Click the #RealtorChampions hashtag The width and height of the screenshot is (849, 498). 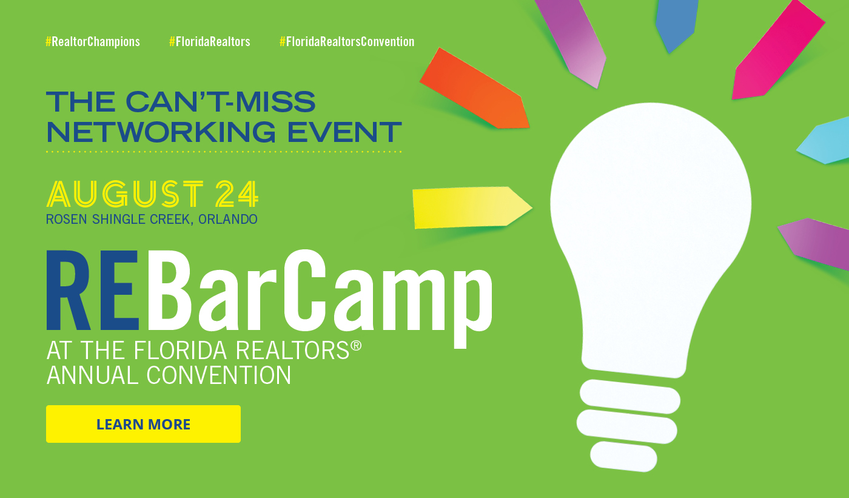coord(93,42)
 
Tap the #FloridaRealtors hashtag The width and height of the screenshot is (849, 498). coord(210,42)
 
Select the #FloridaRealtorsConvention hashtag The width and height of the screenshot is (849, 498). coord(347,42)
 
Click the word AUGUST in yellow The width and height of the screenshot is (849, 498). coord(125,193)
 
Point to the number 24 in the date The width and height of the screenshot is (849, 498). coord(237,193)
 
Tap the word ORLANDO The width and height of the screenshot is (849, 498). coord(228,220)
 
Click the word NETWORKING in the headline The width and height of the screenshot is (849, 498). coord(161,132)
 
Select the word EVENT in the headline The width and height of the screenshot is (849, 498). coord(344,132)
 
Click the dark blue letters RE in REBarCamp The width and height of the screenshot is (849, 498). coord(93,291)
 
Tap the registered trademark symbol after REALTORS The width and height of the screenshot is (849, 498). coord(356,346)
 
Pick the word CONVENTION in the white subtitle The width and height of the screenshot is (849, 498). coord(219,375)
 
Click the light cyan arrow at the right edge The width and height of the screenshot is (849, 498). coord(824,141)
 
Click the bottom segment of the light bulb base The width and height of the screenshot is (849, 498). coord(623,457)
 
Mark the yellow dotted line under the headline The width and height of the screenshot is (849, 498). coord(224,152)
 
